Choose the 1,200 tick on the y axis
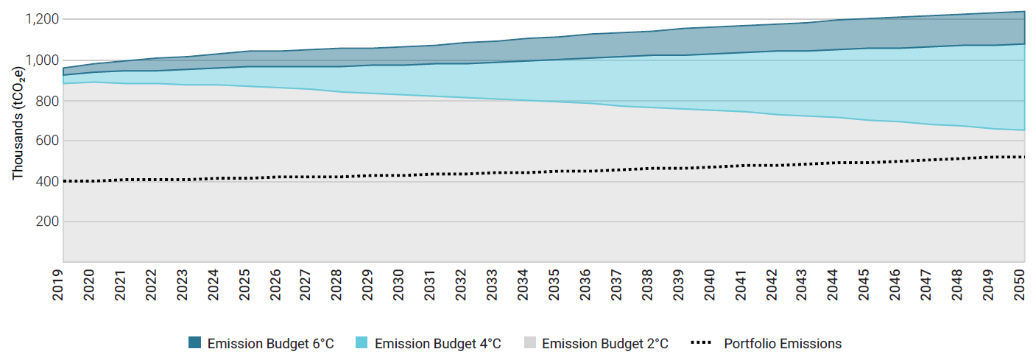(41, 19)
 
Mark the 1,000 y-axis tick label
(41, 60)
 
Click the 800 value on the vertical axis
(46, 100)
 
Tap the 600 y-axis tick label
(46, 141)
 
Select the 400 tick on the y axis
(46, 181)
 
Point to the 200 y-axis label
(46, 222)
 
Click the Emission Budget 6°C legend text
(270, 344)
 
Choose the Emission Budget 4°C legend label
(438, 344)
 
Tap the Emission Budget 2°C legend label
(605, 344)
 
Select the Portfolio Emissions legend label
(783, 344)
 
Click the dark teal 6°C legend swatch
(194, 343)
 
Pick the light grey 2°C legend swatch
(529, 343)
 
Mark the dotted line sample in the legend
(702, 343)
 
